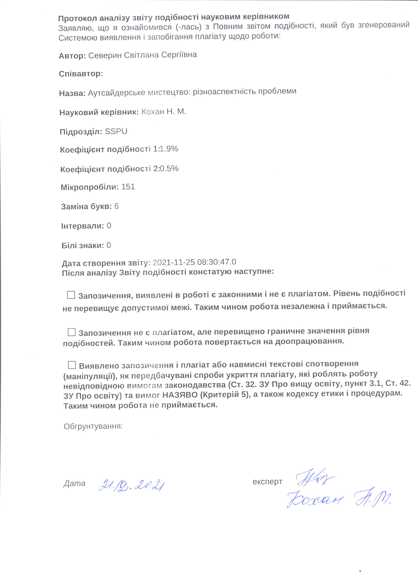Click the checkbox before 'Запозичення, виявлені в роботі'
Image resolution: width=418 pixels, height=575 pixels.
(71, 295)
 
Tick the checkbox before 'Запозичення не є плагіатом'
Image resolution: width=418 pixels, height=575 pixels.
(71, 332)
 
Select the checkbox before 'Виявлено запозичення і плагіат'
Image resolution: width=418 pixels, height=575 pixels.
(72, 365)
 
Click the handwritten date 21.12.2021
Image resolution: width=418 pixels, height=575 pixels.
(132, 486)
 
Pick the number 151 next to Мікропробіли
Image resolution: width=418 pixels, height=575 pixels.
(128, 187)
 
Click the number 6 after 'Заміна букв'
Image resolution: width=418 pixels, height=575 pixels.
(116, 206)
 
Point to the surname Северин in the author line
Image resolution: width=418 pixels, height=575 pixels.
(105, 55)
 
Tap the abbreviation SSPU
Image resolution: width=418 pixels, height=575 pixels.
(116, 131)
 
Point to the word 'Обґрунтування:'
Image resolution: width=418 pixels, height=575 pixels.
(93, 426)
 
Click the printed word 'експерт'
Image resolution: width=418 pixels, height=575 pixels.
(267, 481)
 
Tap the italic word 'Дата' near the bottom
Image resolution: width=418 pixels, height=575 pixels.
(74, 483)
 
